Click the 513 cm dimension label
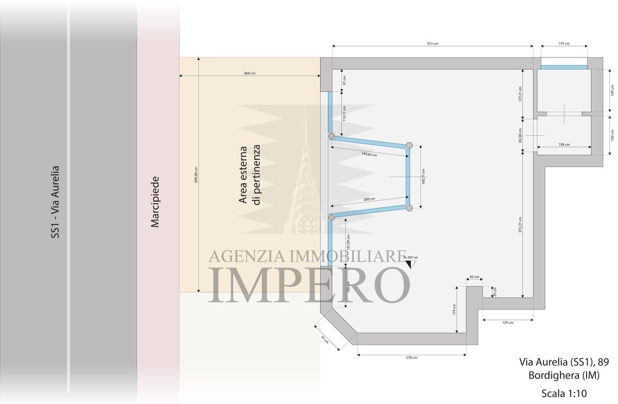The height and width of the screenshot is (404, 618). coord(433,43)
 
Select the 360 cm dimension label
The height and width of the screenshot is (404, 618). coord(249,73)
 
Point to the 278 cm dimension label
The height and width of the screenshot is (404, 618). coord(411,358)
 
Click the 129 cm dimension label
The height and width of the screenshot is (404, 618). coord(507,322)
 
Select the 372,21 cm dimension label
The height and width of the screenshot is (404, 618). coord(520,224)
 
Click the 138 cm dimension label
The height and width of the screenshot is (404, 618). coord(563,144)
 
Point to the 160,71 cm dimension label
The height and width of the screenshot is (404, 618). coord(423,177)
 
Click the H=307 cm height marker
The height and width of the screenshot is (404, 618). coord(410,258)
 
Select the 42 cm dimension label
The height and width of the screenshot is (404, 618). coord(474,277)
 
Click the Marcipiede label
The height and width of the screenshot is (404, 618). coord(155,202)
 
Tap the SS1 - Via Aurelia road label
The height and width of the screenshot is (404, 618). coord(56,202)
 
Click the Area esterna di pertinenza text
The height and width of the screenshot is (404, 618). coord(250,175)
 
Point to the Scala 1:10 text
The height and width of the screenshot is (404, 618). coord(564,393)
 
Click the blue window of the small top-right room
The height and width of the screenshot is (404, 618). coord(564,67)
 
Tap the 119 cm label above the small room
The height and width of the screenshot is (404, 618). coord(564,43)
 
